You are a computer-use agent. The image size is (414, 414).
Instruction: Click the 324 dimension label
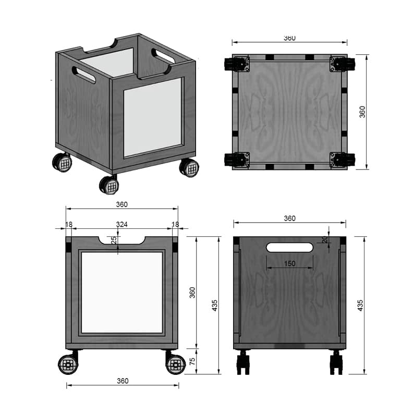point(121,224)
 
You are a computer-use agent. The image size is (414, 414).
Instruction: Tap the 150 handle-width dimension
point(289,263)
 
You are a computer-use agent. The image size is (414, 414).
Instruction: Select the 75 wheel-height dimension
point(192,361)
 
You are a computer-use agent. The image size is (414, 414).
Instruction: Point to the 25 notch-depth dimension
point(114,240)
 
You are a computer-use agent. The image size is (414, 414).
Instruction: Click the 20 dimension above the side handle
point(325,239)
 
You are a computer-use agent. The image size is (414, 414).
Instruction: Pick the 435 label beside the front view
point(215,306)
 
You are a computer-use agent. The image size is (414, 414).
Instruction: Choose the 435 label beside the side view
point(360,306)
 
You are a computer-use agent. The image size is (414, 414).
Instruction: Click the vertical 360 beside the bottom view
point(362,112)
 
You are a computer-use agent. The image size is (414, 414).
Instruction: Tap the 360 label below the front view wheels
point(123,381)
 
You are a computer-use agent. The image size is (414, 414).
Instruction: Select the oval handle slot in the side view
point(289,248)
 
